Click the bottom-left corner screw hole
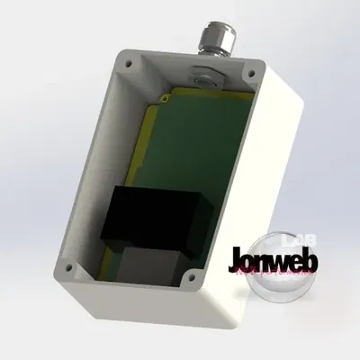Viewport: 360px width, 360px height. coord(67,267)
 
